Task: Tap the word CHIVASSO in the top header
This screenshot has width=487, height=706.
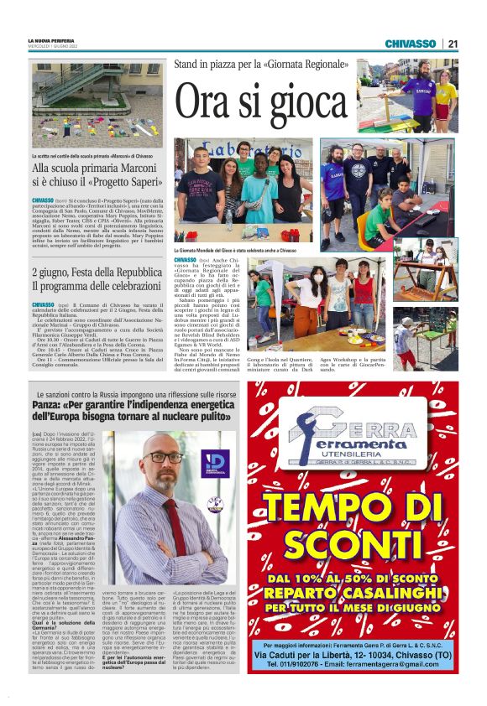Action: [x=411, y=44]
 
